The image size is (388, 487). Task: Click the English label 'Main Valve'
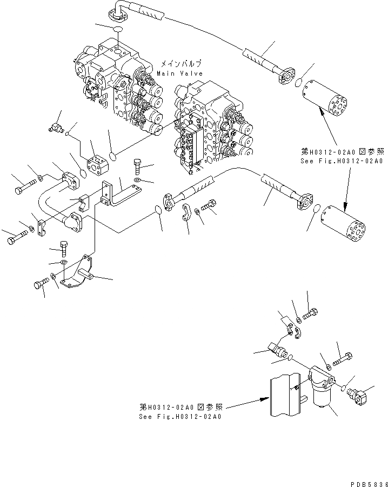180,73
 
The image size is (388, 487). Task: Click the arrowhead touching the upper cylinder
321,110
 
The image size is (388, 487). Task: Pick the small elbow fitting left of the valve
54,128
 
